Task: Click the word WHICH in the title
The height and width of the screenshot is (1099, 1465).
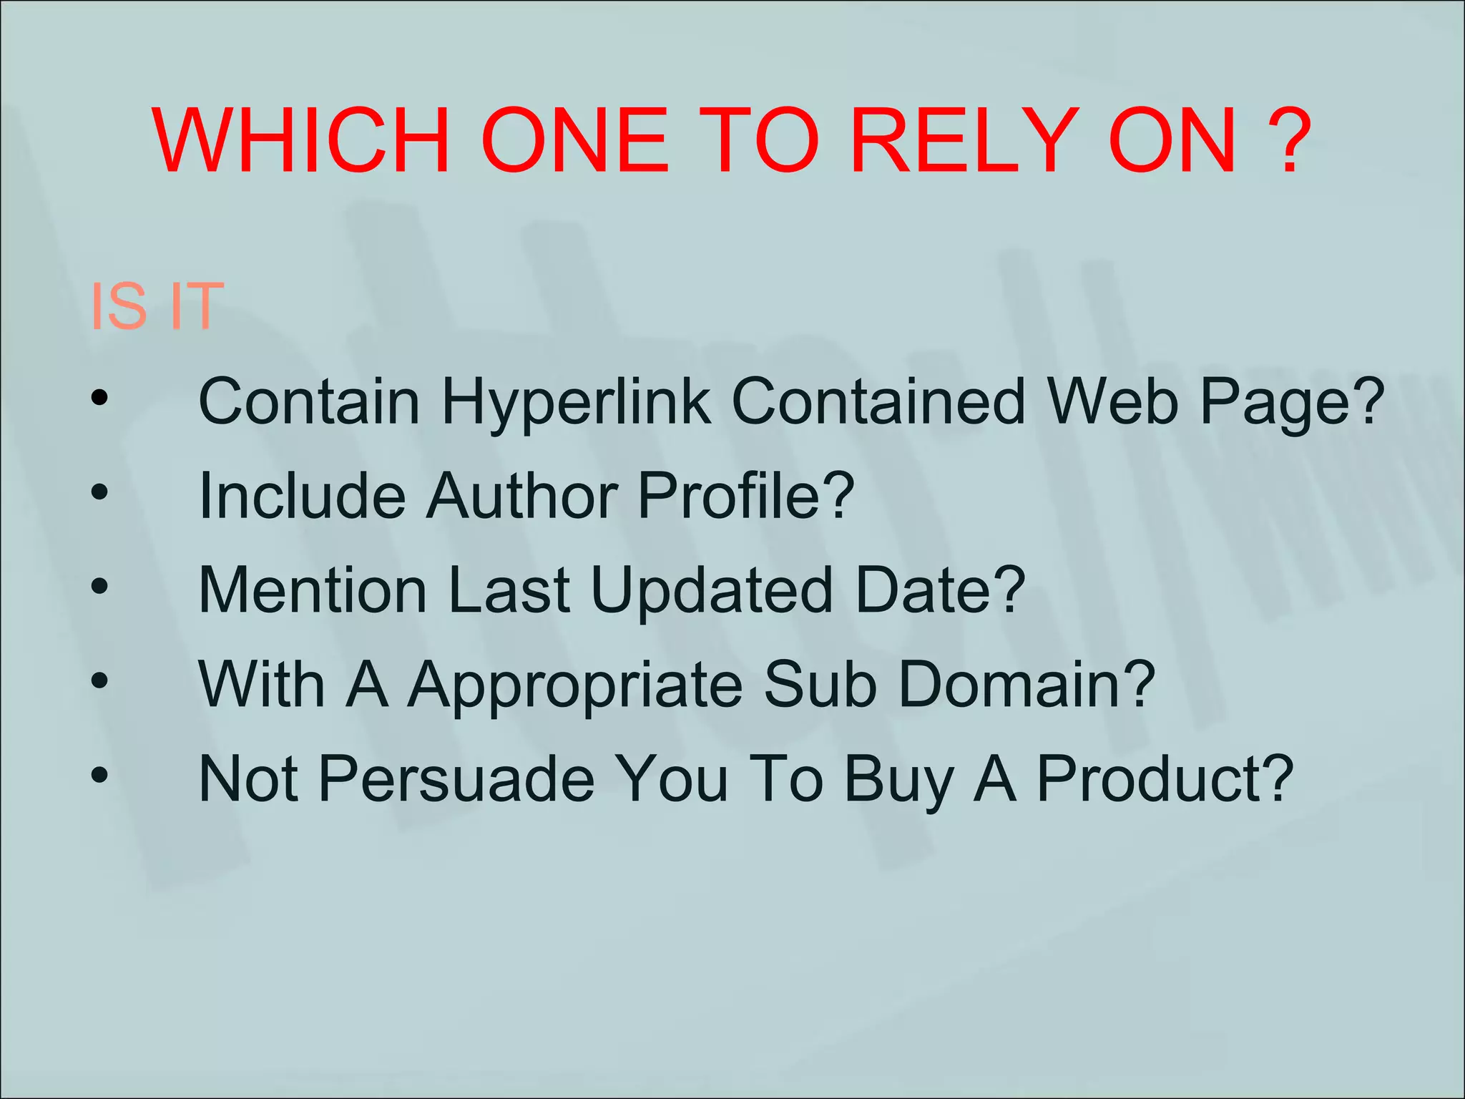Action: tap(301, 140)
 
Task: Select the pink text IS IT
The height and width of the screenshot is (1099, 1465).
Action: tap(157, 306)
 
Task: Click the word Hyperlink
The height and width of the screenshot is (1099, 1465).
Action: tap(577, 401)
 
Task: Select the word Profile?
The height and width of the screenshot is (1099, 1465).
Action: tap(745, 496)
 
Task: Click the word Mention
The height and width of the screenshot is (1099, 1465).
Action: tap(313, 590)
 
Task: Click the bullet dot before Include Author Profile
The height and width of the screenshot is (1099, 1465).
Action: tap(99, 492)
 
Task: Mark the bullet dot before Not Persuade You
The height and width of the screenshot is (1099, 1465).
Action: tap(99, 774)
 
